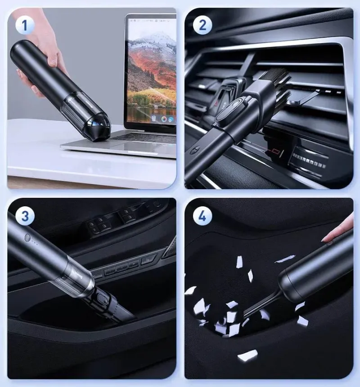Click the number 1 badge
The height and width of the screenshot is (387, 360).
click(x=24, y=25)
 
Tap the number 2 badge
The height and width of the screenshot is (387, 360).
click(x=202, y=25)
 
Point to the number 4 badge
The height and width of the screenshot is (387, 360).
click(x=202, y=216)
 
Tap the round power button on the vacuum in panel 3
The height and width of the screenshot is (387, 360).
click(x=27, y=238)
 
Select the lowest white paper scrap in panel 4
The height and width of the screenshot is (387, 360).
click(x=247, y=356)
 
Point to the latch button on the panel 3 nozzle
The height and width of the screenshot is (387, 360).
click(x=102, y=298)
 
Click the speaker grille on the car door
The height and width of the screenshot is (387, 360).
click(x=171, y=248)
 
